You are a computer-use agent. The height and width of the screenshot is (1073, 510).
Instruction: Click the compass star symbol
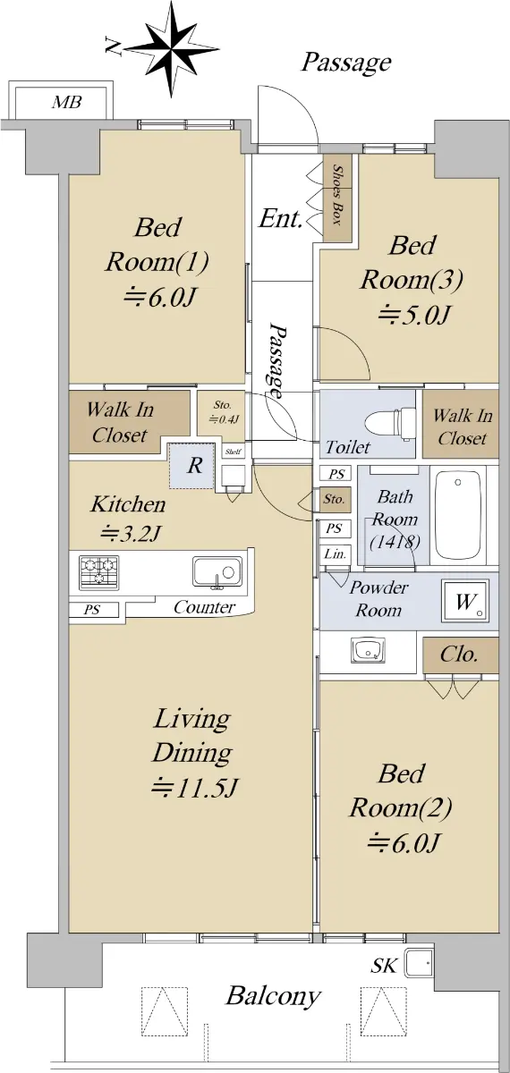pos(172,49)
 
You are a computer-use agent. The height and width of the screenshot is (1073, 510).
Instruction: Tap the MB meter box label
pos(66,102)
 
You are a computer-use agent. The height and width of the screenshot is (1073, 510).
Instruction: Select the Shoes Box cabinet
pos(337,198)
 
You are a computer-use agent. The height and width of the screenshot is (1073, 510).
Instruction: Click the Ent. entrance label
pos(281,218)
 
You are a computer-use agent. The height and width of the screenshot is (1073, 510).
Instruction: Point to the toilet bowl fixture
pos(389,422)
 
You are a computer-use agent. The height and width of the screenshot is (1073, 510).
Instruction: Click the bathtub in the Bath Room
pos(458,514)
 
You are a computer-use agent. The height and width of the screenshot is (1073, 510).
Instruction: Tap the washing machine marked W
pos(466,602)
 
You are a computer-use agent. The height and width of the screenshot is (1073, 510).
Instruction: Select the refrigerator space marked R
pos(191,466)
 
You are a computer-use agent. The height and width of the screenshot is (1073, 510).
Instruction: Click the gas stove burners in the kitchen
pos(98,572)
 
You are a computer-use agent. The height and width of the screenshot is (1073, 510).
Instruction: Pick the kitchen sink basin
pos(217,571)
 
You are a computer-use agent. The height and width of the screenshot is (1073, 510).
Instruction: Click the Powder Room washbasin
pos(368,650)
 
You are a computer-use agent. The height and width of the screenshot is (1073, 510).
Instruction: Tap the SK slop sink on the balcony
pos(418,962)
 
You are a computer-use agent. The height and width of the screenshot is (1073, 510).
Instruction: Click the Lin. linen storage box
pos(336,554)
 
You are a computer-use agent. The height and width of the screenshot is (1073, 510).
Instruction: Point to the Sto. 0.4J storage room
pos(222,414)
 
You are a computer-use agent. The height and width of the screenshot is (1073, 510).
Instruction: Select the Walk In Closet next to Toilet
pos(461,424)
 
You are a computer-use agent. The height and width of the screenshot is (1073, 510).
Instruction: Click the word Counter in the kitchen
pos(204,607)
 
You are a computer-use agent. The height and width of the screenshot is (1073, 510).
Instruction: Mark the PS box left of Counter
pos(93,610)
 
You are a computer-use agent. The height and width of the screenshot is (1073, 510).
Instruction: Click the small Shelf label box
pos(234,452)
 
